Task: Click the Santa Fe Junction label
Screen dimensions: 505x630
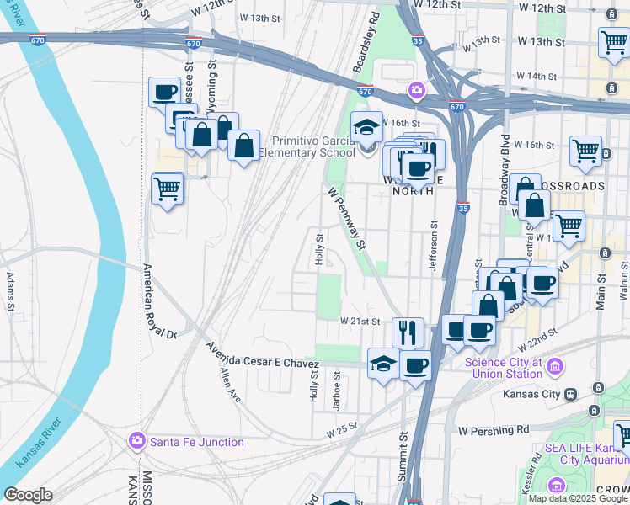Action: tap(196, 441)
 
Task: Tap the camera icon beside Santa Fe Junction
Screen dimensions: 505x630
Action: tap(137, 441)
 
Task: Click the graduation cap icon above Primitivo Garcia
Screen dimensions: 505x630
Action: tap(366, 126)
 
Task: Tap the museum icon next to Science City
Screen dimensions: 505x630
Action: tap(554, 367)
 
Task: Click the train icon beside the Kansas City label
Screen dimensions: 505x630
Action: tap(571, 394)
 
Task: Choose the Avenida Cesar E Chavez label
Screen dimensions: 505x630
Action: tap(268, 359)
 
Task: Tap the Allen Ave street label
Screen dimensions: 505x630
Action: tap(230, 385)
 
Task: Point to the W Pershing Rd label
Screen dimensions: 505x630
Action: tap(494, 430)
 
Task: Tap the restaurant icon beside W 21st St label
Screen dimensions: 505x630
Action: tap(408, 332)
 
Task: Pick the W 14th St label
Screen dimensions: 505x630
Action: tap(541, 76)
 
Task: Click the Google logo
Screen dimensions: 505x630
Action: tap(28, 495)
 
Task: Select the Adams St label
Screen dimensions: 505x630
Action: tap(10, 291)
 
